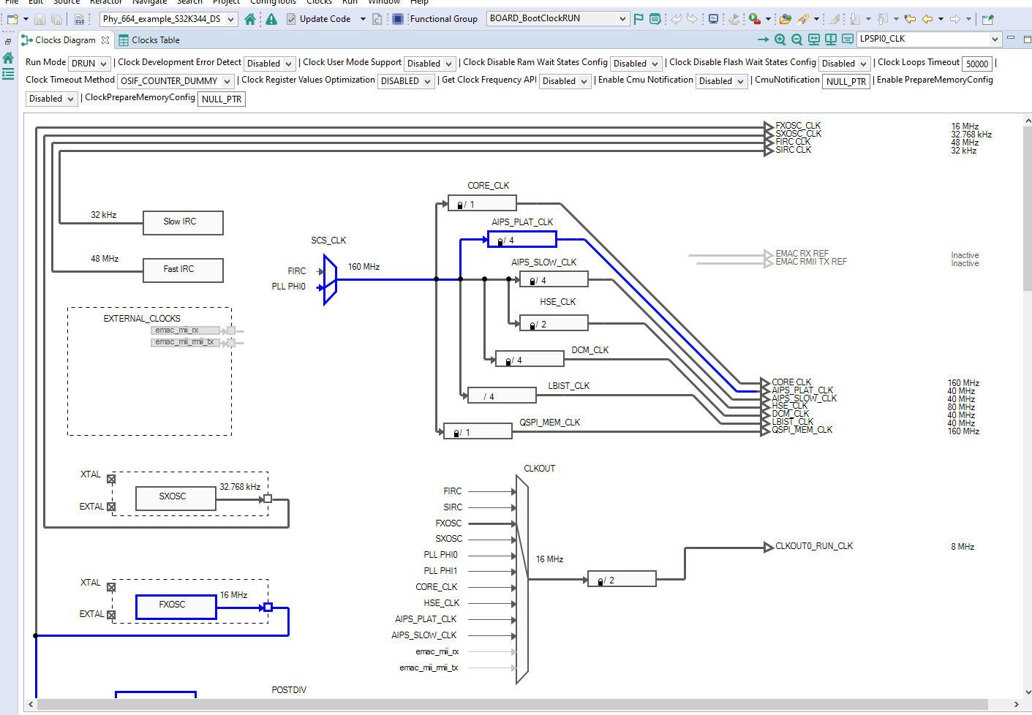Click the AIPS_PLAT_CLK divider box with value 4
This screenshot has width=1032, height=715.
click(521, 240)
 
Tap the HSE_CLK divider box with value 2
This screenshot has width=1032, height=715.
click(553, 324)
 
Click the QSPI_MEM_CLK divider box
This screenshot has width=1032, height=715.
click(478, 432)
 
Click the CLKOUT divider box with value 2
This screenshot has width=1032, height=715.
click(622, 580)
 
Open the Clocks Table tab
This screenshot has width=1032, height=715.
click(154, 40)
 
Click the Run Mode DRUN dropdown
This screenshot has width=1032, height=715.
click(89, 64)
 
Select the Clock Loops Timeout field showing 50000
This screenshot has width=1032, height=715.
click(977, 64)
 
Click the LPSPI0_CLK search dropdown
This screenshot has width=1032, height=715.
click(929, 39)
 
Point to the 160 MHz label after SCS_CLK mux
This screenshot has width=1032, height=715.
click(364, 267)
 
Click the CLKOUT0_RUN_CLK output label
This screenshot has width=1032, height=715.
click(813, 546)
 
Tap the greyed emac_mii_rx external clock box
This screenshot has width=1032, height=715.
click(186, 330)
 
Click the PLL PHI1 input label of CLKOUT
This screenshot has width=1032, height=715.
click(440, 571)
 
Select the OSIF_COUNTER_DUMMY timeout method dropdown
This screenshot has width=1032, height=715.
click(176, 81)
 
